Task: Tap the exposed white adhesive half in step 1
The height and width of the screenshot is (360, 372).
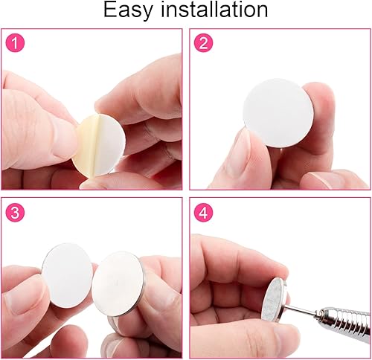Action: click(106, 145)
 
